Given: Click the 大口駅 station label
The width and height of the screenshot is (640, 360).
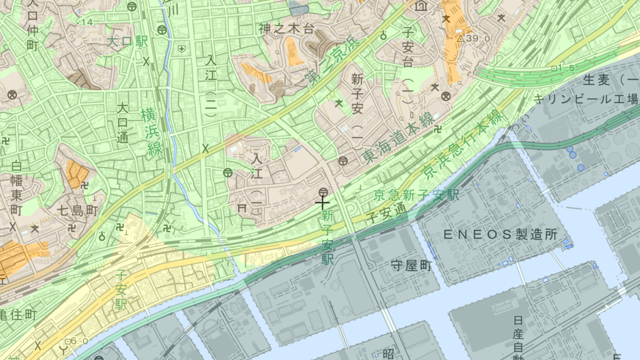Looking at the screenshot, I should (127, 42).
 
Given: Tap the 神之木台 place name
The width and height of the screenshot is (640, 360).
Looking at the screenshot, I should (286, 29).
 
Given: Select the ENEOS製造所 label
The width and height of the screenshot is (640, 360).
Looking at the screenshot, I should (500, 235).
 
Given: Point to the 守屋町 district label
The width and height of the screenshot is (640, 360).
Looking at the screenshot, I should (411, 265).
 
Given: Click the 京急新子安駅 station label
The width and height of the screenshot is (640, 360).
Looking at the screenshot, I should (416, 195).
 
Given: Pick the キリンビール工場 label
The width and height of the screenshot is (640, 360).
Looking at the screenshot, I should (586, 99).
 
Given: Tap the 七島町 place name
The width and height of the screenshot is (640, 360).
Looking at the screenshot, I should (78, 211).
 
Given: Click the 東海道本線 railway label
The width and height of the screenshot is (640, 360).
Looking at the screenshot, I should (398, 138).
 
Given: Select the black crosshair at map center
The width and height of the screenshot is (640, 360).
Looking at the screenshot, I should (322, 203).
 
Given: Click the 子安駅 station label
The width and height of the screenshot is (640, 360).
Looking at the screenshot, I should (121, 290).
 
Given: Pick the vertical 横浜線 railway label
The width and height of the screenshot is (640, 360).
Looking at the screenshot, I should (151, 132).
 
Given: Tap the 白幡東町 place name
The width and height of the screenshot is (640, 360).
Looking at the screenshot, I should (16, 188).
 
